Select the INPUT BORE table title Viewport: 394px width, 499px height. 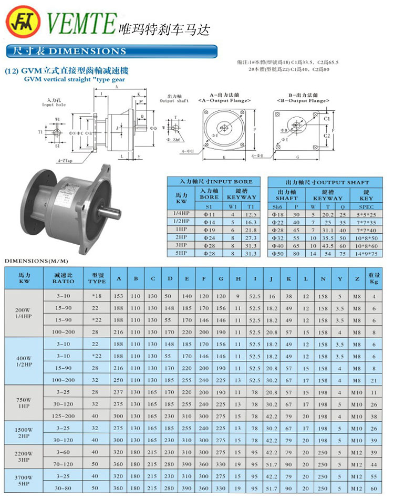click(x=212, y=182)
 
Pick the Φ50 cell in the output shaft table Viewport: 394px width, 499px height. click(x=277, y=253)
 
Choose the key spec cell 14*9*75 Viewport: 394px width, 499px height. click(x=366, y=253)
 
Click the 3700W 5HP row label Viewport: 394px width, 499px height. click(x=24, y=481)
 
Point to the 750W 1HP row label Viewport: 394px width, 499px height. click(x=24, y=402)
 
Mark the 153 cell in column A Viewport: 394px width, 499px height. click(x=119, y=296)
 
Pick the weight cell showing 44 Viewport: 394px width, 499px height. click(x=374, y=464)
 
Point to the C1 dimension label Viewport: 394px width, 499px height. click(x=326, y=119)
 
